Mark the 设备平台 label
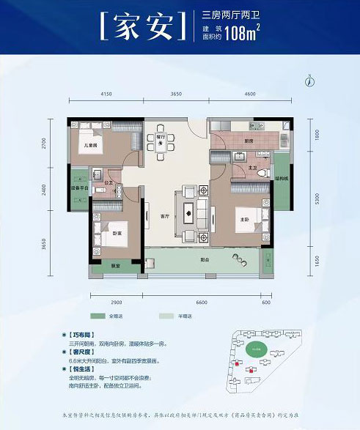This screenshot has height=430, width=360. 79,186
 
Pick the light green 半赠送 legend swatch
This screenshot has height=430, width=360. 168,316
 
